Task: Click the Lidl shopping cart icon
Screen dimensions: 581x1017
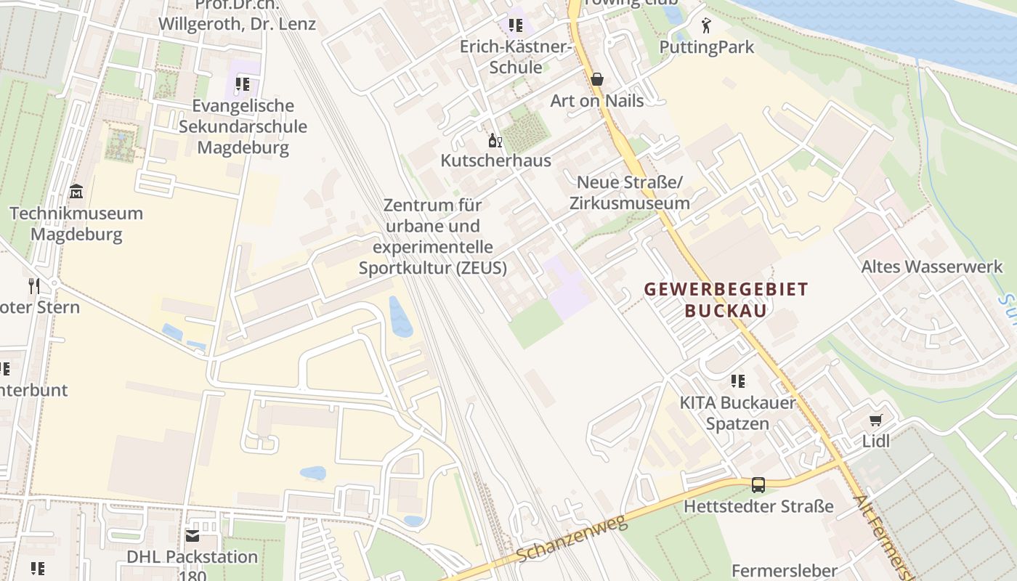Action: (x=876, y=420)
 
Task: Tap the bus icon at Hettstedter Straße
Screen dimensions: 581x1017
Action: (x=758, y=484)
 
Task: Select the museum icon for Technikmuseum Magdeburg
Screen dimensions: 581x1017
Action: (x=76, y=192)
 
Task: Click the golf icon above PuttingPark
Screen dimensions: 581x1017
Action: (x=706, y=26)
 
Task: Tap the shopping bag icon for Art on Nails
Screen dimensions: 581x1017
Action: (x=597, y=79)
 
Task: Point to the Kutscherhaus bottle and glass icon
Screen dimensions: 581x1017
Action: (x=495, y=140)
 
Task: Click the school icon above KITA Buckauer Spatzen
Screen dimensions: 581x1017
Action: (x=738, y=381)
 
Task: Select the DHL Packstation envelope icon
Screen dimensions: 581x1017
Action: (x=192, y=536)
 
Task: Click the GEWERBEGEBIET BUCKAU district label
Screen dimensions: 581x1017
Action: (x=726, y=300)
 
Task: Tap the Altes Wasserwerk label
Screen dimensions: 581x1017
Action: (x=931, y=267)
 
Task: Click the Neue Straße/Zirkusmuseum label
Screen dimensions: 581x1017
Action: (x=629, y=192)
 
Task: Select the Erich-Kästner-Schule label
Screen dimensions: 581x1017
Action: (x=516, y=57)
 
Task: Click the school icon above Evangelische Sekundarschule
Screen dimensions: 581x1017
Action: (x=243, y=84)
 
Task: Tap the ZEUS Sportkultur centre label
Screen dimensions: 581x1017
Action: (x=433, y=236)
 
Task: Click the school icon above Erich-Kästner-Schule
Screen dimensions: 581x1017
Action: (x=516, y=25)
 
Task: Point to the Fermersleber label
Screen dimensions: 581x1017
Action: (x=784, y=570)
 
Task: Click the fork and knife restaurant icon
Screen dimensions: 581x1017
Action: (x=33, y=285)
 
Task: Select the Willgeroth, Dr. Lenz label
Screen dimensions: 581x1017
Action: (x=237, y=23)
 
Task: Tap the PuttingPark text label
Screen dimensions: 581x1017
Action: (x=707, y=47)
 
